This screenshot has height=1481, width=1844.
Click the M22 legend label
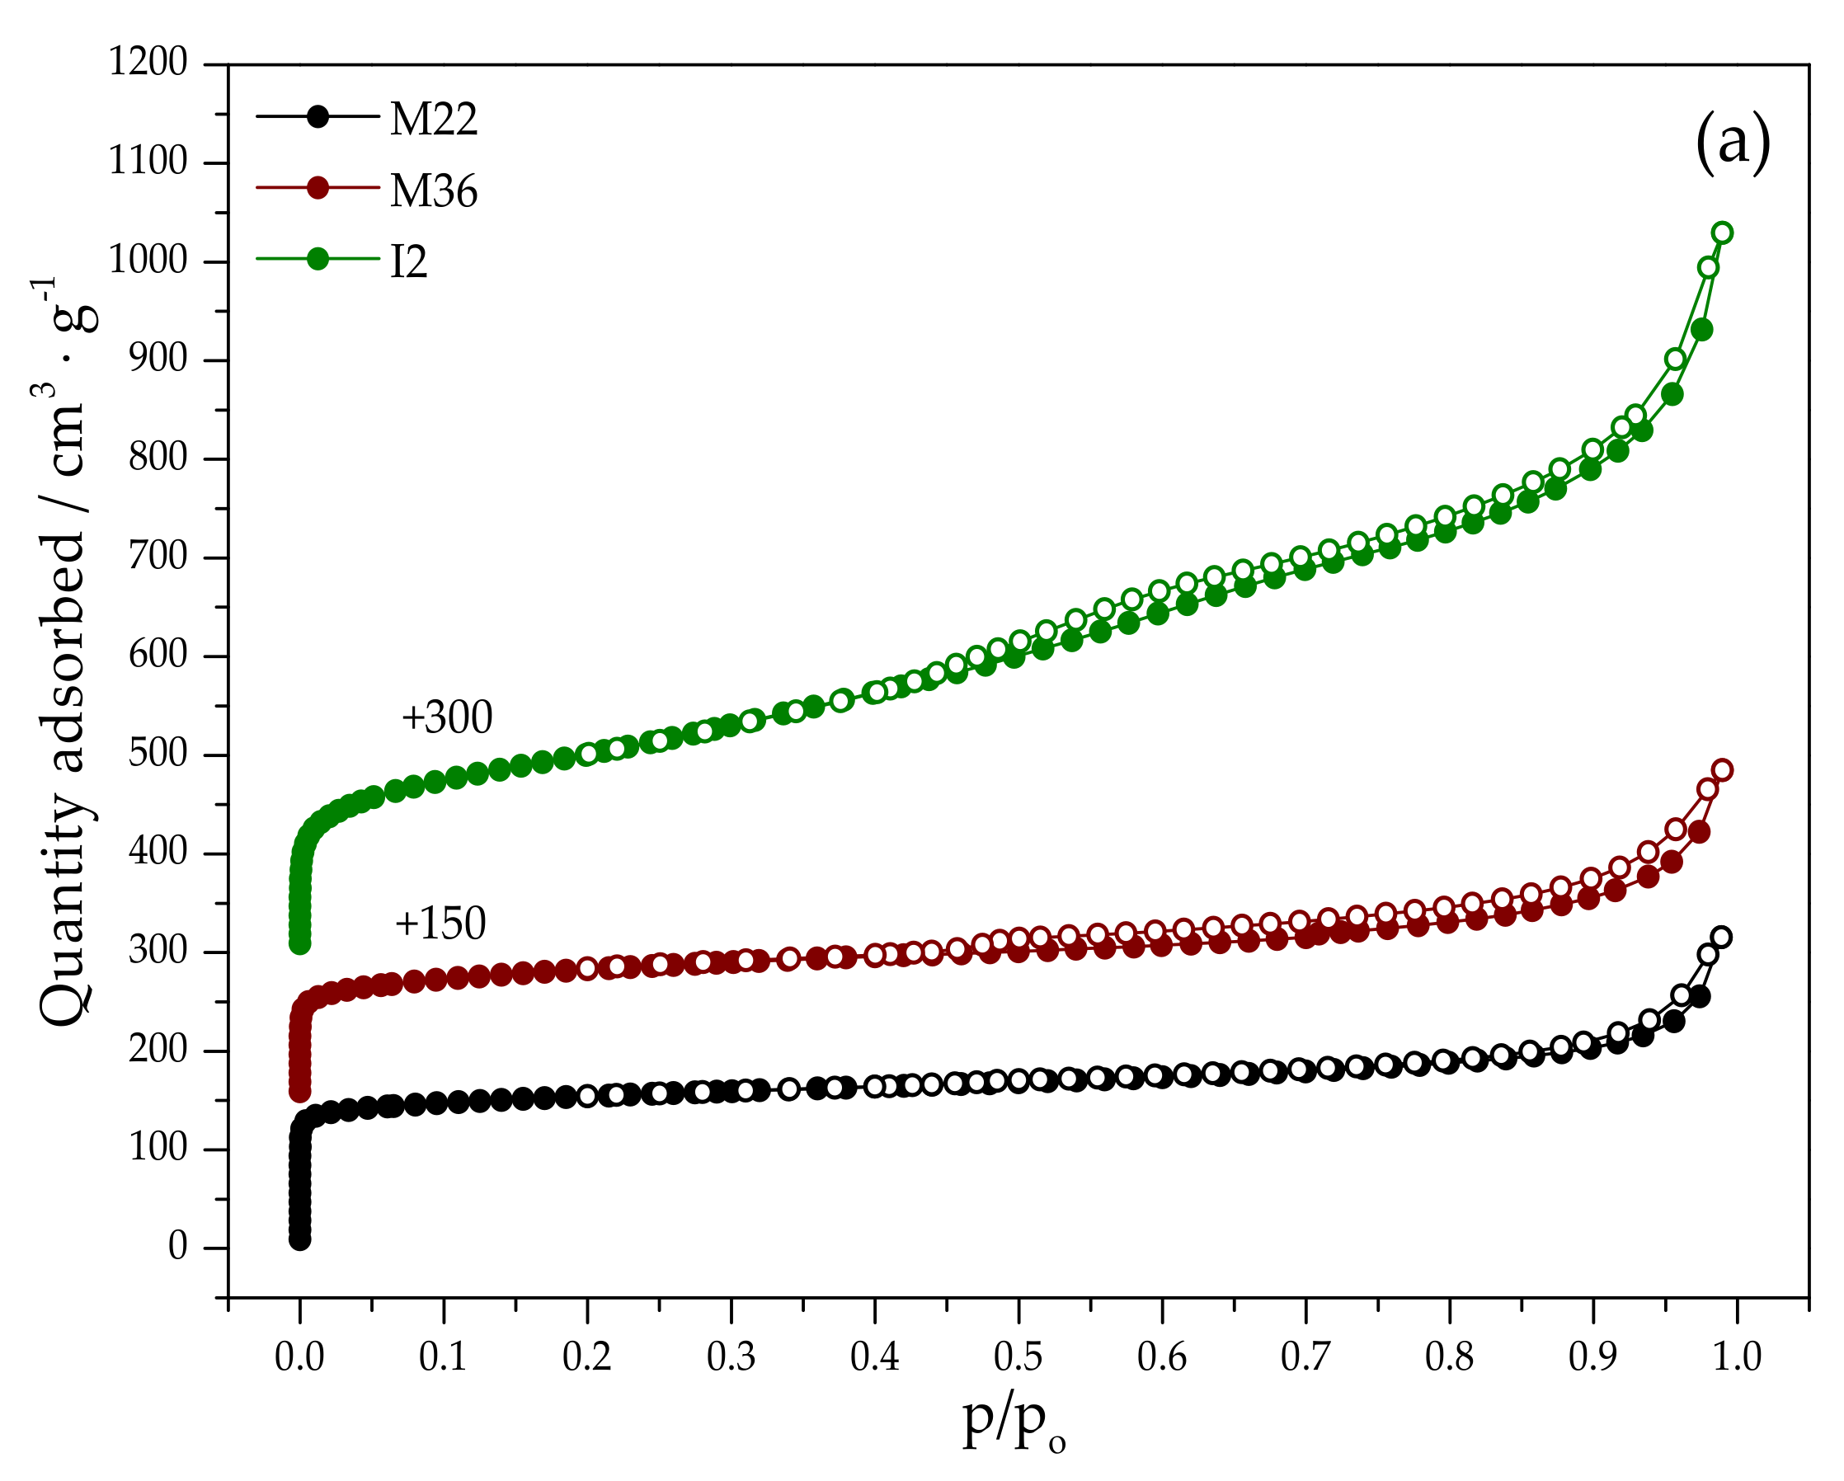pos(433,120)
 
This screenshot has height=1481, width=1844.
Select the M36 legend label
pos(433,191)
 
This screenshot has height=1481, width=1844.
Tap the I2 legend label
pos(408,262)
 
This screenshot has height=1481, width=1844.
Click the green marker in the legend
pos(318,259)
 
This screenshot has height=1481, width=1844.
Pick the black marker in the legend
pos(318,116)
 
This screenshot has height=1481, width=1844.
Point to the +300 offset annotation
pos(446,718)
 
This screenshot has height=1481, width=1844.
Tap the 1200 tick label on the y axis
pos(147,63)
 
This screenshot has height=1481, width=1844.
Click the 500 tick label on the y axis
pos(158,755)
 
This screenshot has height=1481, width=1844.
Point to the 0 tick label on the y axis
pos(177,1248)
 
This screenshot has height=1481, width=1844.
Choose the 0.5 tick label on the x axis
pos(1018,1358)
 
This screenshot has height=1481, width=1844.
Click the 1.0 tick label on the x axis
pos(1737,1358)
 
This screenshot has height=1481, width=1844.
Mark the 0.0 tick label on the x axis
pos(299,1358)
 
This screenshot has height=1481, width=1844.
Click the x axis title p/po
pos(1014,1424)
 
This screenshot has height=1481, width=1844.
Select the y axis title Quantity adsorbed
pos(64,650)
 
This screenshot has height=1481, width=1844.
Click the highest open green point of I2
pos(1723,233)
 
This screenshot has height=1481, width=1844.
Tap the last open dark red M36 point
pos(1723,769)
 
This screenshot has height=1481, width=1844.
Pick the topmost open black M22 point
pos(1722,937)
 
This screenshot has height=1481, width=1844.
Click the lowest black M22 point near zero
pos(299,1240)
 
